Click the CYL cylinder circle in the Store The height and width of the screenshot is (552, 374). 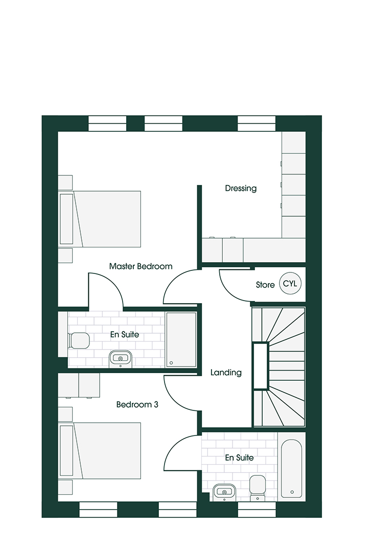[x=291, y=284]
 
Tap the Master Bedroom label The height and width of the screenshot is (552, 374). [x=141, y=266]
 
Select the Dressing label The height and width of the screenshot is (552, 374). [x=241, y=188]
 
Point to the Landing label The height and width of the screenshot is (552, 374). [x=226, y=373]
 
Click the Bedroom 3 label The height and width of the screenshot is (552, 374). [x=137, y=405]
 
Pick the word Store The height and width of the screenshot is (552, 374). [x=265, y=285]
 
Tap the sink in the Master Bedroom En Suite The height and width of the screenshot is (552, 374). [x=121, y=358]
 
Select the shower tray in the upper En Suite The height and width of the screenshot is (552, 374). [x=181, y=339]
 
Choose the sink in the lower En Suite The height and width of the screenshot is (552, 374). [x=223, y=491]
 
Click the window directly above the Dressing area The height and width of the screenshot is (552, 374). [x=256, y=123]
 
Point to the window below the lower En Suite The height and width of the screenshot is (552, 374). [x=256, y=510]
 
